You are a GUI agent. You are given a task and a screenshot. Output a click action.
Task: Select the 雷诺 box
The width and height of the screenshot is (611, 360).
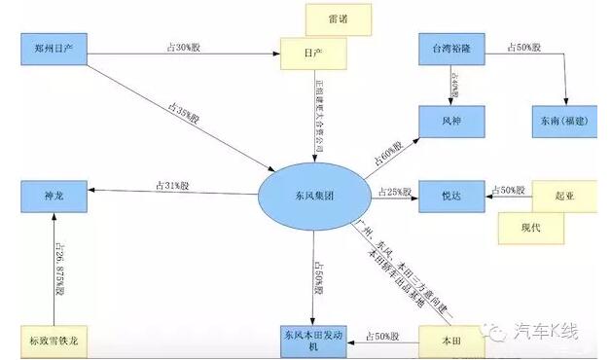[x=338, y=19]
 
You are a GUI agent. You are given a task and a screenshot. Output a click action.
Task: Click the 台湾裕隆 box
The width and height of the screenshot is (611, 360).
[x=451, y=46]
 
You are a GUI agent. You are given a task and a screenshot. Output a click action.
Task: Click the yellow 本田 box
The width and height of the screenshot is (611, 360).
[x=451, y=340]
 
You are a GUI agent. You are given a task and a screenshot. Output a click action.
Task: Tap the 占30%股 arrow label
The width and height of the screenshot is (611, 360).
[x=181, y=46]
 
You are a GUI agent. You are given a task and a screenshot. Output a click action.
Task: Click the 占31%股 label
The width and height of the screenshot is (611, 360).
[x=171, y=185]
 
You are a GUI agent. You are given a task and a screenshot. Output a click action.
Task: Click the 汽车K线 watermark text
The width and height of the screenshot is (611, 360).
[x=550, y=330]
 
